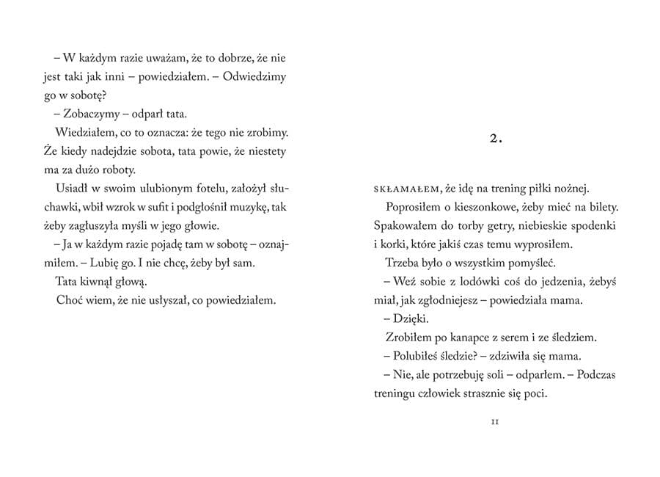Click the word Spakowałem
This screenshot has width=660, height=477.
coord(405,226)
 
